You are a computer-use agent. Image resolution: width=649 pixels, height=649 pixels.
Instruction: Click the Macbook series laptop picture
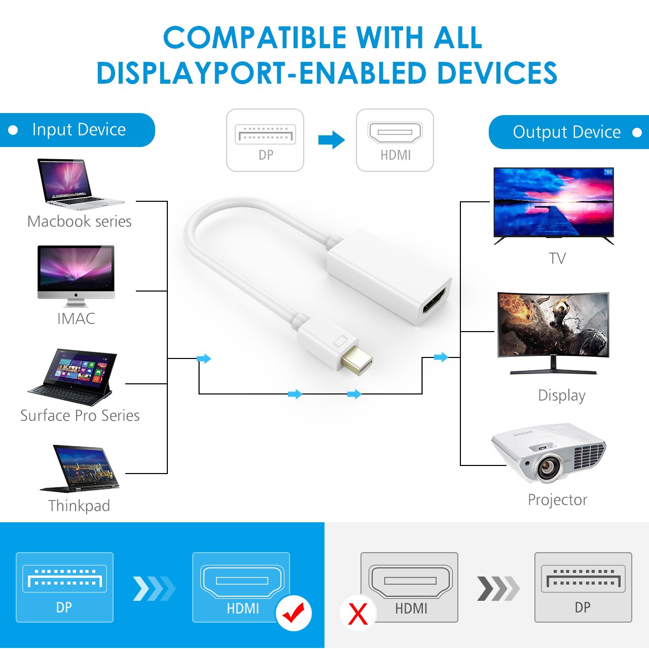click(80, 184)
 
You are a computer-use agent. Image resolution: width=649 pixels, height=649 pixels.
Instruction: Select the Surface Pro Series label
click(80, 416)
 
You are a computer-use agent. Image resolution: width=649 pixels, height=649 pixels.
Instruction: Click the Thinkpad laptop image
click(80, 468)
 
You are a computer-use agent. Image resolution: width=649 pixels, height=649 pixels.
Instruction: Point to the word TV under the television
click(557, 258)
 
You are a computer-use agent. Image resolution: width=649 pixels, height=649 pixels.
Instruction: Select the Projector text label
click(557, 500)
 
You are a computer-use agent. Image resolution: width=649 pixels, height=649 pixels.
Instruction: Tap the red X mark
click(357, 614)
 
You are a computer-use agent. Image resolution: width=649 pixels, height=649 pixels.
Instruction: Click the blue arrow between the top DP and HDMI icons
click(332, 140)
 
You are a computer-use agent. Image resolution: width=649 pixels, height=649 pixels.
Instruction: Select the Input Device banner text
click(79, 130)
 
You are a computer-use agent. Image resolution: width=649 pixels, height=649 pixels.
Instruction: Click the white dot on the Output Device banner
click(636, 132)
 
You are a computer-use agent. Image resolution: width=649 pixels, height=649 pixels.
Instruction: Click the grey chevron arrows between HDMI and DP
click(498, 589)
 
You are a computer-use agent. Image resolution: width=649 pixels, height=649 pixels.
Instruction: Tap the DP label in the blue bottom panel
click(64, 607)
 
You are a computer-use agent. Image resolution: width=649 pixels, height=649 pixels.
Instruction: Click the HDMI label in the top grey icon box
click(395, 155)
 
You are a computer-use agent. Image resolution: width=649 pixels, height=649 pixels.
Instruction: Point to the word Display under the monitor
click(561, 395)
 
